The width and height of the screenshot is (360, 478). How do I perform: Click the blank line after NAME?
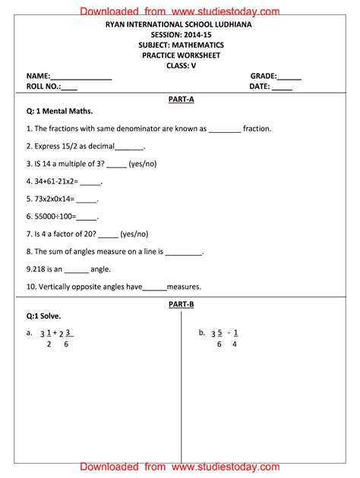click(81, 77)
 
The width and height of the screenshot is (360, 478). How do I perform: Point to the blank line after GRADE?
click(289, 77)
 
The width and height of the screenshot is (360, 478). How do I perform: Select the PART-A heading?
click(181, 99)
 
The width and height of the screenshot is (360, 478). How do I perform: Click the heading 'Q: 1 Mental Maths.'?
click(59, 112)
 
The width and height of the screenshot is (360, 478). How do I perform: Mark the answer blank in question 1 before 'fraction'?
click(225, 129)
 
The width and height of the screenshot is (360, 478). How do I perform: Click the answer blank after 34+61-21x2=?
click(90, 182)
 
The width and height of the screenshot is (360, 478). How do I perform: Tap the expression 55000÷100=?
click(54, 216)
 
